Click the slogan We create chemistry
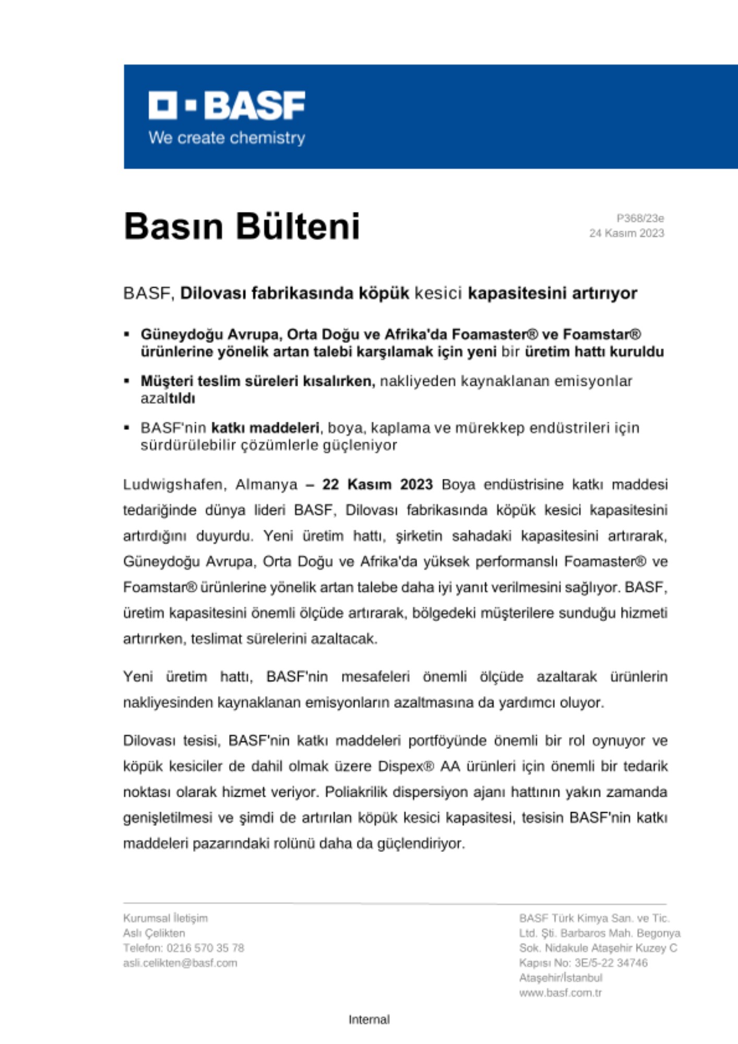(227, 138)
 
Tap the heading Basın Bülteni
(242, 226)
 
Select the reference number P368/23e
(640, 218)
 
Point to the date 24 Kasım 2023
(626, 233)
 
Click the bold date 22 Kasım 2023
(377, 484)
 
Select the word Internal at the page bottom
(369, 1019)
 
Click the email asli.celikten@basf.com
(180, 963)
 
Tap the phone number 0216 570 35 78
(205, 948)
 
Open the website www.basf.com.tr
(560, 993)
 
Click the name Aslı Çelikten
(154, 933)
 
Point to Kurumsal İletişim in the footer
(165, 918)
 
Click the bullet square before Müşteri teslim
(126, 381)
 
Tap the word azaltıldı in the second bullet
(168, 398)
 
